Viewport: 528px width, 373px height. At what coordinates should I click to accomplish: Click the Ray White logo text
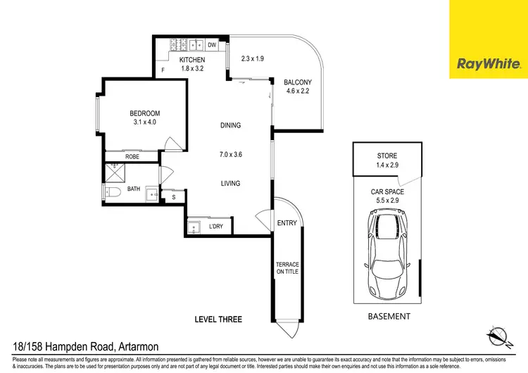click(489, 65)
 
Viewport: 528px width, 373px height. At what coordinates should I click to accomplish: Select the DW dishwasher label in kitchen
click(211, 45)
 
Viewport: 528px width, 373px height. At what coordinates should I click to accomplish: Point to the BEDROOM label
click(144, 113)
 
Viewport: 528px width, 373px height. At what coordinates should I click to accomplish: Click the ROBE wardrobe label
click(132, 157)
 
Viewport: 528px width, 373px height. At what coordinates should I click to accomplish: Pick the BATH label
click(134, 189)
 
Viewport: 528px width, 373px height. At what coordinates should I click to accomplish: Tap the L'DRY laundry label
click(218, 227)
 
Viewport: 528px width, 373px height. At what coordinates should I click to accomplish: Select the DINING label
click(230, 125)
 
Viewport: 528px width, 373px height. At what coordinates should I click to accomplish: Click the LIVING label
click(230, 183)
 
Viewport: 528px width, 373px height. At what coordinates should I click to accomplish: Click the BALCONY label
click(298, 82)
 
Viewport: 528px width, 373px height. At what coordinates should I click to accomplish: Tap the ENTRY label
click(287, 223)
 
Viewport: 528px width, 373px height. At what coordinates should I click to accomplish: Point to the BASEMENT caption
click(389, 317)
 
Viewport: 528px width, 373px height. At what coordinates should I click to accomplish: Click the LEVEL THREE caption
click(218, 320)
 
